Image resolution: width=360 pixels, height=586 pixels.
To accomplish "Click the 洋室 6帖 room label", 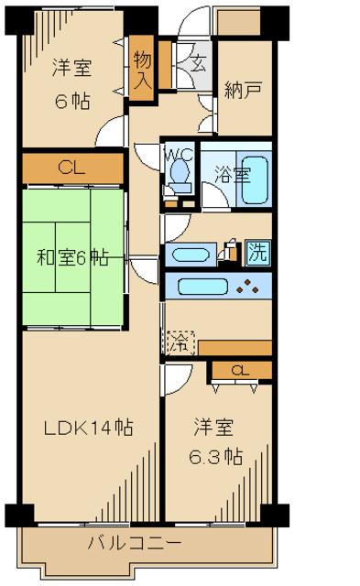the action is click(x=71, y=84).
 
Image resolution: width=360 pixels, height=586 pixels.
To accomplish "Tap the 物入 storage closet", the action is click(x=142, y=68).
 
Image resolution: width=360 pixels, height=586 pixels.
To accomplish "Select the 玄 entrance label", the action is click(x=198, y=62).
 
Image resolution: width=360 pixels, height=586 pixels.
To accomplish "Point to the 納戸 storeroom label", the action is click(x=242, y=90).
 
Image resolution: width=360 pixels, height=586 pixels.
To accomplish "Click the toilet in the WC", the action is click(x=180, y=173).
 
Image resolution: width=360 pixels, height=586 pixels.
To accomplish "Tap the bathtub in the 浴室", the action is click(x=255, y=179).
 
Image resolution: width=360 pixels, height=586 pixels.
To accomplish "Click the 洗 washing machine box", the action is click(x=258, y=253).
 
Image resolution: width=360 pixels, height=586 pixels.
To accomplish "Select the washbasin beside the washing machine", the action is click(x=191, y=255).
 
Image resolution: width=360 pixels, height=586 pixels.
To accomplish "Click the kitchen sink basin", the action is click(x=202, y=287).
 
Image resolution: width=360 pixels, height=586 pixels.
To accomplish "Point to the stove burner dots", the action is click(x=248, y=287).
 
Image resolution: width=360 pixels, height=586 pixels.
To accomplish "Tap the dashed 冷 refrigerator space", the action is click(x=181, y=343).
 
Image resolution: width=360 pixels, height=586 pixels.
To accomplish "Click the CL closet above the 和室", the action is click(x=72, y=168).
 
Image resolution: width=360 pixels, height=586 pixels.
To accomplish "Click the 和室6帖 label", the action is click(x=73, y=257).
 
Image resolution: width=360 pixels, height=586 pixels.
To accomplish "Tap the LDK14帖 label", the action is click(x=88, y=428).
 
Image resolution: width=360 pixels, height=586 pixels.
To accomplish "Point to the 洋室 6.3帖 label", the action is click(x=215, y=441).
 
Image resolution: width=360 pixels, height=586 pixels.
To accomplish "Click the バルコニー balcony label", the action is click(x=135, y=542).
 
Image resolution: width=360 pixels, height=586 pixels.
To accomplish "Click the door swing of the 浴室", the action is click(x=215, y=194).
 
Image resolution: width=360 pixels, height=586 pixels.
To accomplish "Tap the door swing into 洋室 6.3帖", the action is click(x=178, y=380).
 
